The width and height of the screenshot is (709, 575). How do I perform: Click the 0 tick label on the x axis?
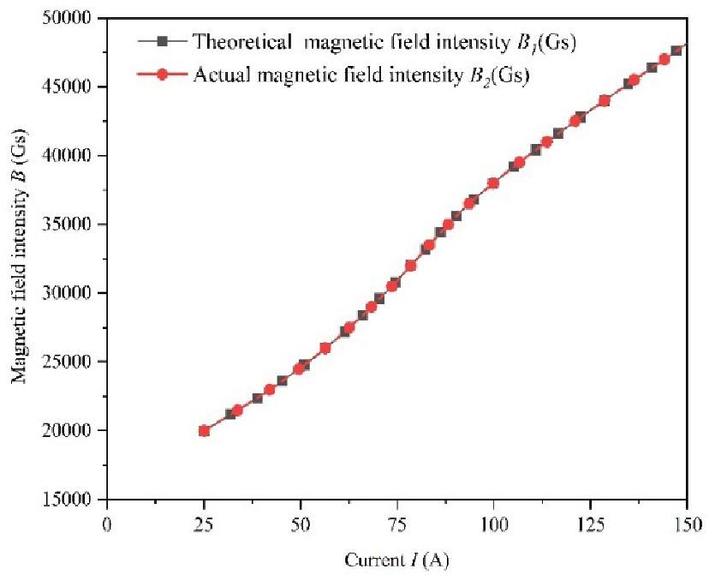click(107, 523)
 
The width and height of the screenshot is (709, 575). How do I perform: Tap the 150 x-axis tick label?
click(687, 523)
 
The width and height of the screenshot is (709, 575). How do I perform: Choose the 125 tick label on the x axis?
click(590, 523)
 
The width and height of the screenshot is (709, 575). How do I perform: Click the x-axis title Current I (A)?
click(396, 560)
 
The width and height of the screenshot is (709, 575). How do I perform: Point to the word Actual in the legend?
click(218, 75)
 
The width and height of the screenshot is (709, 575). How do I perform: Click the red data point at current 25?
click(204, 430)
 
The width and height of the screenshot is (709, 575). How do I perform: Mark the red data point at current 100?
click(493, 183)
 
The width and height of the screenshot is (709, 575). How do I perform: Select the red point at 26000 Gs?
click(325, 348)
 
